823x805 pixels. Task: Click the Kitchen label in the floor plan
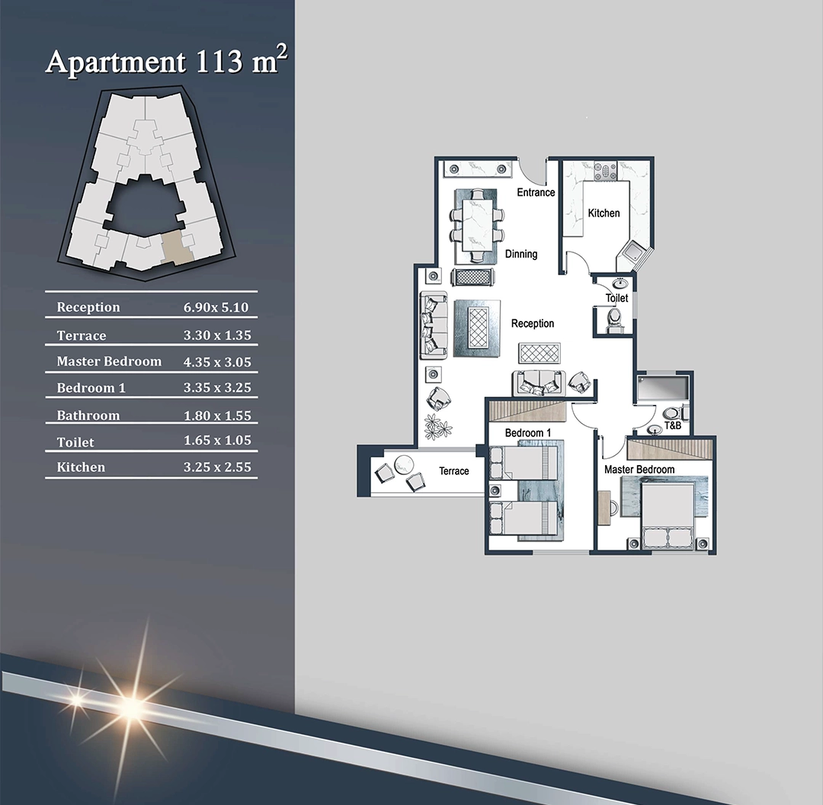(x=604, y=213)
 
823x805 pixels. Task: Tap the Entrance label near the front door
(x=536, y=192)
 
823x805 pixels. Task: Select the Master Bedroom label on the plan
(x=639, y=470)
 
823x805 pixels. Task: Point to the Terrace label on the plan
(x=454, y=471)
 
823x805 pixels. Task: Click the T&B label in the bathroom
(x=672, y=425)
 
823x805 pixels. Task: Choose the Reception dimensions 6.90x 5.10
(x=216, y=307)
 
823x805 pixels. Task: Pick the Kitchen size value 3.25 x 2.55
(x=217, y=467)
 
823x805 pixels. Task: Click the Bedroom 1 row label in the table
(x=91, y=387)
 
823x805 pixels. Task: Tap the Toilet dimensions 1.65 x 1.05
(x=217, y=440)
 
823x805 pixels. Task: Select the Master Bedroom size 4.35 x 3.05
(x=217, y=362)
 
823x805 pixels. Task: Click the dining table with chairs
(x=476, y=226)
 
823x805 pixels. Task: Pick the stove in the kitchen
(x=605, y=172)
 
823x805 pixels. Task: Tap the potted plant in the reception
(x=437, y=426)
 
